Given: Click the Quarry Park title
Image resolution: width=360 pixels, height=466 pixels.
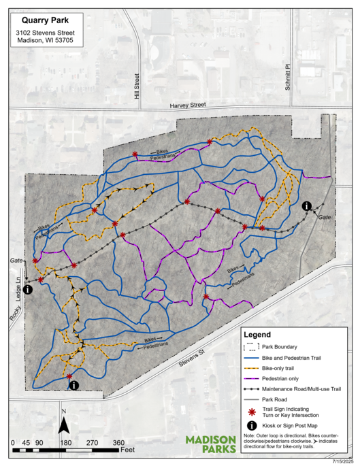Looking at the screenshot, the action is coord(46,20).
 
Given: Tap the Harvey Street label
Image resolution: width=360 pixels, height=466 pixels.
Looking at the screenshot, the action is coord(187,105).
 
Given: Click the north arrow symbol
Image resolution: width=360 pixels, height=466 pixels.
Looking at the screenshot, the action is coord(63,425).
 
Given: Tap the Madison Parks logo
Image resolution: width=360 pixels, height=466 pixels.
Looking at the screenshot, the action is coord(211,444).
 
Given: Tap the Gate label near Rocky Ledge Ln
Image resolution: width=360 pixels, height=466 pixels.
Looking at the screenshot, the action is coord(16,261).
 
